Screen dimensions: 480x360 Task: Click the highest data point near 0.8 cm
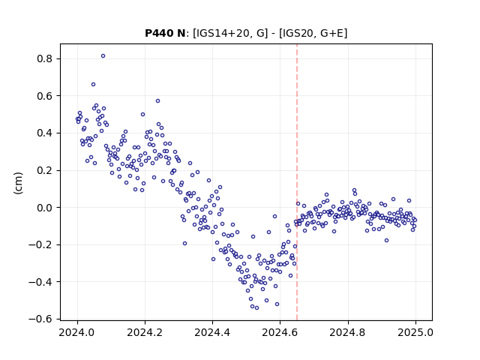click(103, 56)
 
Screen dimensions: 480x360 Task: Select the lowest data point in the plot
click(256, 308)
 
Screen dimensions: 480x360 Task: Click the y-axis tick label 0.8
click(44, 58)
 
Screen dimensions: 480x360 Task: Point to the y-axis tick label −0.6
click(40, 319)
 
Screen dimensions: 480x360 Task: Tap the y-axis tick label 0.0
click(44, 208)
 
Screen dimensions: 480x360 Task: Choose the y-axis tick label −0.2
click(40, 244)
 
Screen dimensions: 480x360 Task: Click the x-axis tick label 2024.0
click(76, 332)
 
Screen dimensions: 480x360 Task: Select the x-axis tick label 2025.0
click(415, 332)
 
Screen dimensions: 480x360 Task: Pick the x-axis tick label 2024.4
click(212, 332)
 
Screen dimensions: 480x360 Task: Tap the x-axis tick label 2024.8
click(347, 332)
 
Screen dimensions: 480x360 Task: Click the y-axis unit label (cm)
click(18, 183)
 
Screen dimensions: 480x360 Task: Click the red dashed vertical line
click(297, 182)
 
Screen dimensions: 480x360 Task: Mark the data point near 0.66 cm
click(93, 85)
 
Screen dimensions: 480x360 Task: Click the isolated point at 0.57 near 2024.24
click(157, 101)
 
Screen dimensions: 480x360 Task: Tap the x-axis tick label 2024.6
click(280, 332)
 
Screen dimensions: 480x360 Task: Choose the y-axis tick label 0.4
click(44, 133)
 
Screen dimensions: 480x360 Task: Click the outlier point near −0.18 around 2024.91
click(387, 241)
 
